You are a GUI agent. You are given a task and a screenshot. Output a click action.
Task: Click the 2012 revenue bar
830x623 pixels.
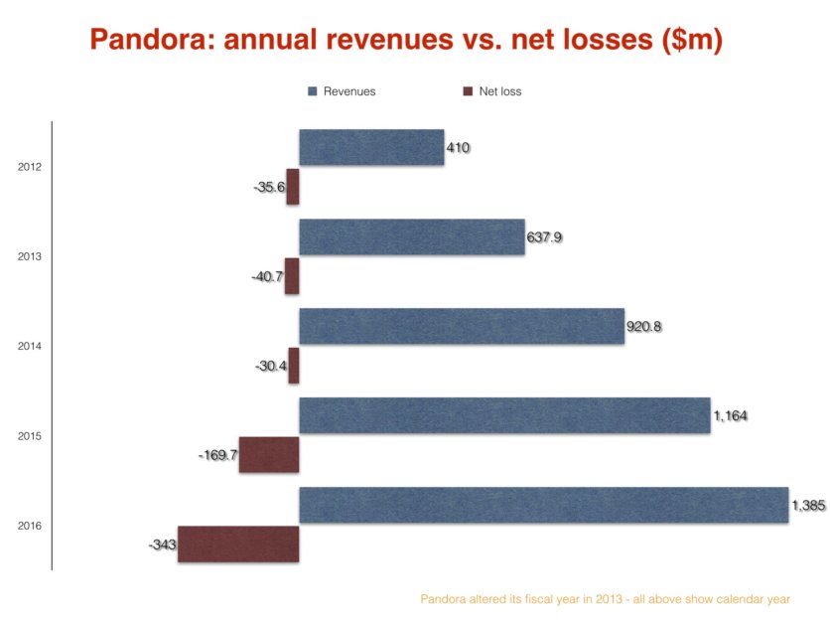(x=371, y=147)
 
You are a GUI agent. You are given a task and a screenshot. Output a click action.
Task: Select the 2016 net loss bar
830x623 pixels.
(x=238, y=544)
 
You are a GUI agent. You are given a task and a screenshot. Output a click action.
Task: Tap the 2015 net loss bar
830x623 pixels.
(x=269, y=454)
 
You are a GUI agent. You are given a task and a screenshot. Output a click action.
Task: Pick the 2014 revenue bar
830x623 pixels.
(x=462, y=326)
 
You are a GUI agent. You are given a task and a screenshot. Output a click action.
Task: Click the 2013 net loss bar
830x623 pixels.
(x=292, y=275)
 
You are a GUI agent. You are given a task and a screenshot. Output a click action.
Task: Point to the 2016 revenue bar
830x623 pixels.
(x=543, y=505)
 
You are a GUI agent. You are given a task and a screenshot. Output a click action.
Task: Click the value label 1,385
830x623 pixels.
(x=807, y=506)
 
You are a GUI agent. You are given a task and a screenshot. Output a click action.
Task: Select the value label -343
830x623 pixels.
(x=162, y=545)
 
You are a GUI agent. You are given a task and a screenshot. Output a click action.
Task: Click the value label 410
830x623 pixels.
(x=458, y=148)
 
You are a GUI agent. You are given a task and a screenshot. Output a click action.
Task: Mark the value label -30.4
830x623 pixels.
(x=270, y=366)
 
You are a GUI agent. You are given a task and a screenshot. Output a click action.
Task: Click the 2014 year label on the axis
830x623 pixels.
(x=30, y=346)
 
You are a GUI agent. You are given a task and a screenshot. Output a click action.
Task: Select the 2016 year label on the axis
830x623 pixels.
(x=30, y=526)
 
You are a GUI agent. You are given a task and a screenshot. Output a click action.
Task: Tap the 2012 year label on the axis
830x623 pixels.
(x=30, y=167)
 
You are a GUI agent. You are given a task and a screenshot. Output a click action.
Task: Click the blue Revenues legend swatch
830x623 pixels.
(x=313, y=91)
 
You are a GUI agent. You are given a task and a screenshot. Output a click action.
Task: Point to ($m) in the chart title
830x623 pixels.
(x=688, y=39)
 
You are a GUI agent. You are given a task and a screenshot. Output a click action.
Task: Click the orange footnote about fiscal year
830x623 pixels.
(x=606, y=599)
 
